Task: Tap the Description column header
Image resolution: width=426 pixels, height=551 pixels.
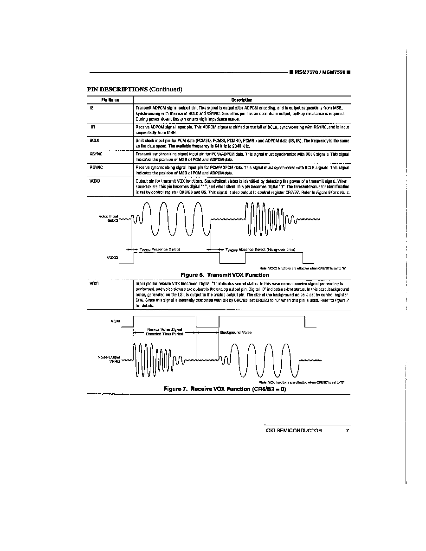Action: (242, 100)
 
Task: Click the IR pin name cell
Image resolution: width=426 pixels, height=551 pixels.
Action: (93, 127)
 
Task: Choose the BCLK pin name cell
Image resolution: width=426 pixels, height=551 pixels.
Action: (95, 139)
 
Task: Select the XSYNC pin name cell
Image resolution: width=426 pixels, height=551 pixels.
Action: (96, 153)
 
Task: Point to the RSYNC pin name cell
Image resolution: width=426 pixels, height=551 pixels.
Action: (96, 166)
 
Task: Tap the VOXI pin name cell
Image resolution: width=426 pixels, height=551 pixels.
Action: (94, 282)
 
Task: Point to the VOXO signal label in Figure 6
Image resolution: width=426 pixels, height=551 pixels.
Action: (112, 256)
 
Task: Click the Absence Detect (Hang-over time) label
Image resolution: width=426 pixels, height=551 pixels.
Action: (260, 250)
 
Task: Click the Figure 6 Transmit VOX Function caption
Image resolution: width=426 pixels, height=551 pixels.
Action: (225, 275)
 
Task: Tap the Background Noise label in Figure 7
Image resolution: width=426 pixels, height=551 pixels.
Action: (236, 333)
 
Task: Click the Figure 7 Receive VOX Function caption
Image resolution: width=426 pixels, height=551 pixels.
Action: (225, 389)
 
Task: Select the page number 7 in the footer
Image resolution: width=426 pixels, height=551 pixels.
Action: (347, 430)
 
